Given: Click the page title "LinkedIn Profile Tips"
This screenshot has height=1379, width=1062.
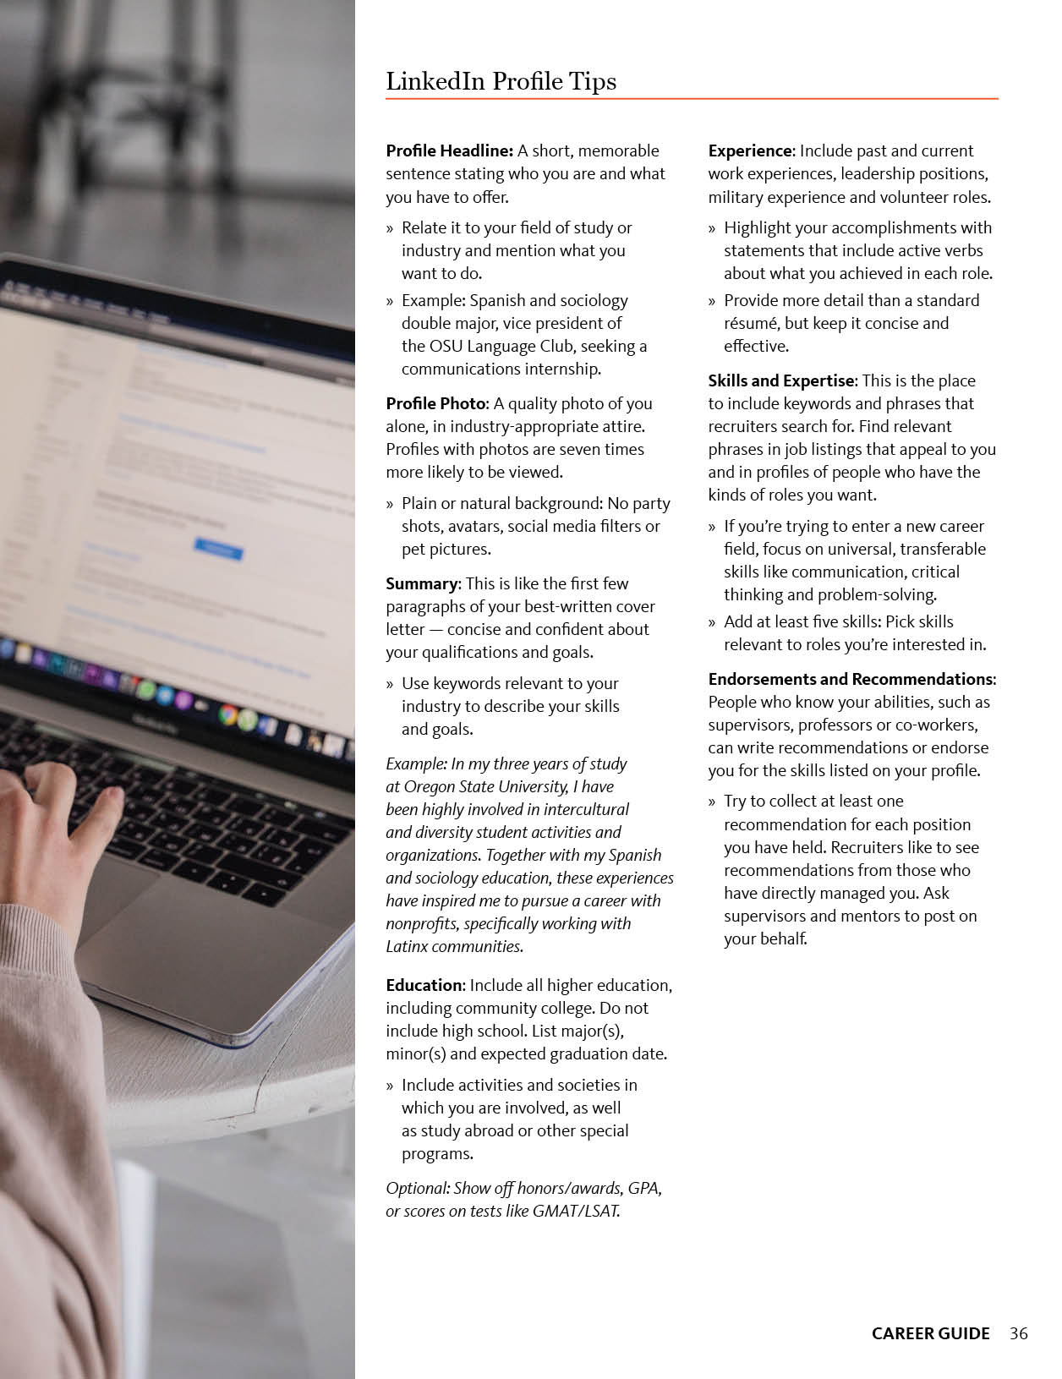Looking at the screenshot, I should tap(501, 81).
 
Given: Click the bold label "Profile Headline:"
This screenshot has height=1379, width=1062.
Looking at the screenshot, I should tap(449, 150).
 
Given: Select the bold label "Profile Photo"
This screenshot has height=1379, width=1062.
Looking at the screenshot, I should tap(436, 403).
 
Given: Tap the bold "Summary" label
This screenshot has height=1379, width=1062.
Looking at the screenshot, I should tap(421, 583).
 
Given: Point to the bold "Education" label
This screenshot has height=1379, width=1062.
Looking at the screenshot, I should tap(424, 985).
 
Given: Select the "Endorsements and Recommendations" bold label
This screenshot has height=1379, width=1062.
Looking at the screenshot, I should tap(851, 679).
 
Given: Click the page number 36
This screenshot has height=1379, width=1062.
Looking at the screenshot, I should tap(1018, 1333).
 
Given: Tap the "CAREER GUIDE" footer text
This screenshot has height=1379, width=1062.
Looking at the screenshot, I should tap(930, 1333).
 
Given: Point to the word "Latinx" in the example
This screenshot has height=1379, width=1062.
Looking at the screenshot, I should tap(409, 946).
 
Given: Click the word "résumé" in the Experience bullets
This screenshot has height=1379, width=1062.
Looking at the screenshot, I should tap(751, 323).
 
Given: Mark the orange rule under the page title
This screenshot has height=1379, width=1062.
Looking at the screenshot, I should tap(692, 99).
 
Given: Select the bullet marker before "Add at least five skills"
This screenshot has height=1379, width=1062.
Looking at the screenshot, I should tap(712, 622).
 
